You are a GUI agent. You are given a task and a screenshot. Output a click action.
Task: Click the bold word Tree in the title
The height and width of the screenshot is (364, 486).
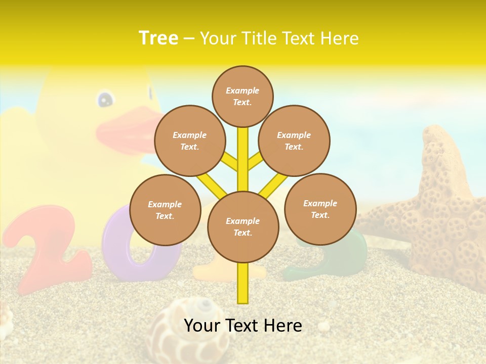(x=158, y=38)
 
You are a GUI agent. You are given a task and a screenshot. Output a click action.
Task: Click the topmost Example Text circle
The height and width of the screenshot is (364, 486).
(x=242, y=96)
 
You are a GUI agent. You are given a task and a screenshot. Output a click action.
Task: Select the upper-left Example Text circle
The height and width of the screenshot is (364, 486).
(x=189, y=141)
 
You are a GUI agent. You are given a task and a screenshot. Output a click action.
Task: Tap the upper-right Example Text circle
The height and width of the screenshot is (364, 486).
(x=294, y=141)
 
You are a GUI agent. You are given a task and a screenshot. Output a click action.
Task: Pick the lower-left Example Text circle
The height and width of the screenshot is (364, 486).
(x=165, y=210)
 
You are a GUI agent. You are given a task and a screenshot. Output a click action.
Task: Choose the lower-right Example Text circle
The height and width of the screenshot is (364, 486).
(x=320, y=209)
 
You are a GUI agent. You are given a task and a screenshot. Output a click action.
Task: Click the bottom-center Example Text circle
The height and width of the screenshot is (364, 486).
(x=242, y=226)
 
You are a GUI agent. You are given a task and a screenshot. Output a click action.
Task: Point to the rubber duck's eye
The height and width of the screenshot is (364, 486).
(x=105, y=99)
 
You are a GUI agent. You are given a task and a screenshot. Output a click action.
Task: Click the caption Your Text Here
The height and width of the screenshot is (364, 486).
(x=242, y=326)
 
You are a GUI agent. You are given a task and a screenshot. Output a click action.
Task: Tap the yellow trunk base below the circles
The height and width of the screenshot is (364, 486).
(x=242, y=283)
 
